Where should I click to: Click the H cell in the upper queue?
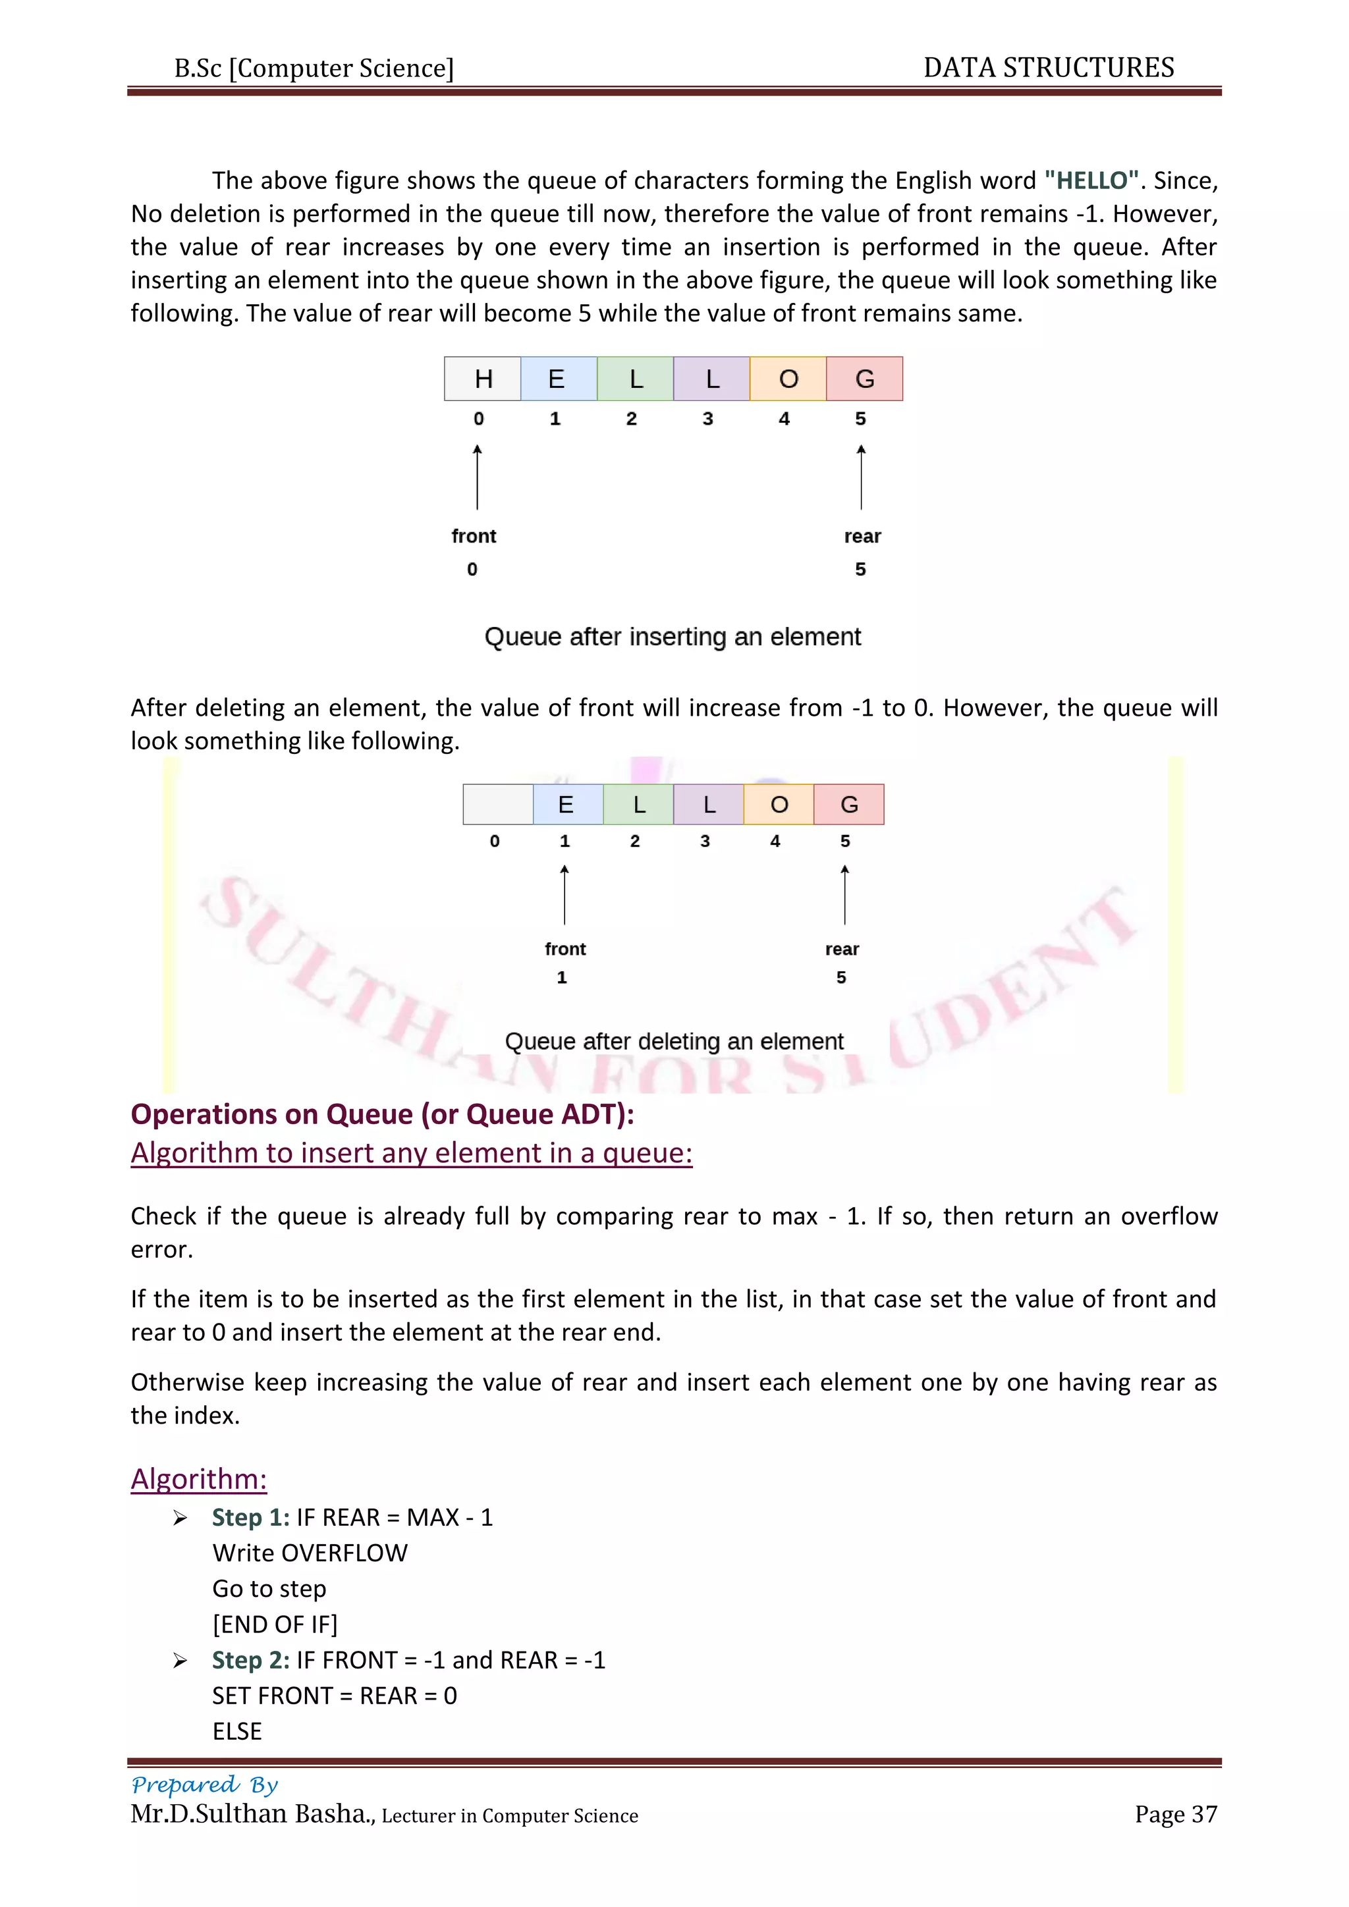(x=483, y=379)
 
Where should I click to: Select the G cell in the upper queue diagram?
(x=864, y=379)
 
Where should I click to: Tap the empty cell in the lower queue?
(x=497, y=804)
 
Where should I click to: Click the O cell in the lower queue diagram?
(x=779, y=804)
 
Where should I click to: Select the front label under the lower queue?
(x=565, y=948)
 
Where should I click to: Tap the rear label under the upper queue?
(x=862, y=536)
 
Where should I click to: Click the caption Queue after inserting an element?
(x=672, y=636)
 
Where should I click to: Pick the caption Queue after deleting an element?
(x=674, y=1040)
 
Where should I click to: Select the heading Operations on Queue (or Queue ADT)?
(x=382, y=1114)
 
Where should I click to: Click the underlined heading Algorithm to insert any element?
(x=411, y=1153)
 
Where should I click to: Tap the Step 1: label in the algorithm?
(x=250, y=1517)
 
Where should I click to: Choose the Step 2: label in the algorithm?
(x=250, y=1659)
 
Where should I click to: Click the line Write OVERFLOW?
(x=310, y=1552)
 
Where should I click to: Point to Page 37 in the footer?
(x=1175, y=1814)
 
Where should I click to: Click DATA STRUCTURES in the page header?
(x=1048, y=67)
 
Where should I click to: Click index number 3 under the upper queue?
(x=707, y=419)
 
